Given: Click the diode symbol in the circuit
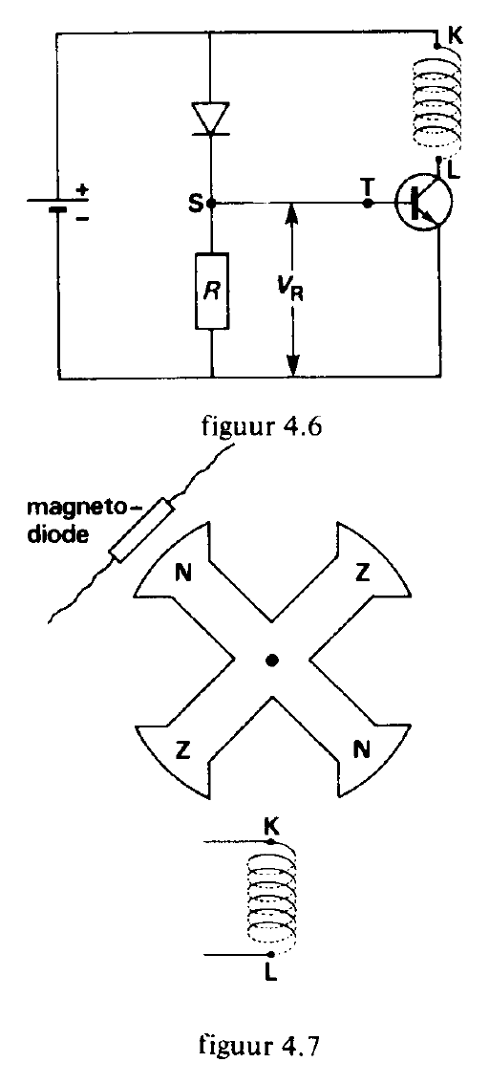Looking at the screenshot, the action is click(211, 118).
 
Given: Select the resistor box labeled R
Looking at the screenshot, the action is click(211, 291).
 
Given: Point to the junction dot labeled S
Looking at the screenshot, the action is click(211, 204).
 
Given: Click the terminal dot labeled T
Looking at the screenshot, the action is click(368, 204).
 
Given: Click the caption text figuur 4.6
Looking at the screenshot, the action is click(263, 423).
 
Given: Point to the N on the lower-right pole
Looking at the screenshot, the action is click(362, 748).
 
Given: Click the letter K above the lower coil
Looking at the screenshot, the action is click(271, 824).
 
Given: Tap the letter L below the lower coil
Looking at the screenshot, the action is click(270, 972).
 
